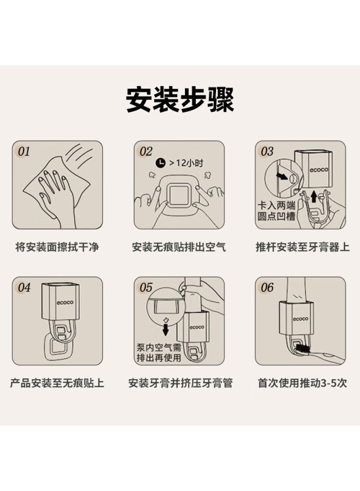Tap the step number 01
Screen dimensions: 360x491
24,152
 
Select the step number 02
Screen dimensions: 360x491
146,152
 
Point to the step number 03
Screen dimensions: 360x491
267,152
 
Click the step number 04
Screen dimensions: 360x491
24,288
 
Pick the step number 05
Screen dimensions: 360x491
146,288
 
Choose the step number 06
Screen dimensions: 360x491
267,288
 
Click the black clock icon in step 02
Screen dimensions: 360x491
160,163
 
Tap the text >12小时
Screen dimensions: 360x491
186,163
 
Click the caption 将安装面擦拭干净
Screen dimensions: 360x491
57,247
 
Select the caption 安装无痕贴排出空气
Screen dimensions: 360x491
179,247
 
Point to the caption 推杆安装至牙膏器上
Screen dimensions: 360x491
303,247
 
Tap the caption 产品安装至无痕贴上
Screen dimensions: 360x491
57,383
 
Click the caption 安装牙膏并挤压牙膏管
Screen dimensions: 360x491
181,383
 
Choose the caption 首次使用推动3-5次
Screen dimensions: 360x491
302,383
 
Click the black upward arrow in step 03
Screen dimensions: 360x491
314,197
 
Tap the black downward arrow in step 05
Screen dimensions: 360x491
166,329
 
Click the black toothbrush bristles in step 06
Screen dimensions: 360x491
302,348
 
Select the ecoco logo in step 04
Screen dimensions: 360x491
65,302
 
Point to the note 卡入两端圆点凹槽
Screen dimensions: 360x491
276,211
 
